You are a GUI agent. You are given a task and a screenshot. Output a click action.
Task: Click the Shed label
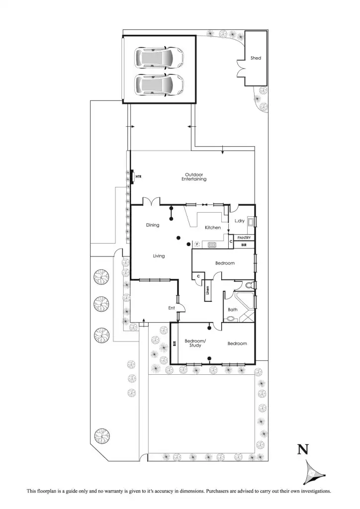(x=256, y=58)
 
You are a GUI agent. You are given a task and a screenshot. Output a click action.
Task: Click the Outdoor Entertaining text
(x=194, y=176)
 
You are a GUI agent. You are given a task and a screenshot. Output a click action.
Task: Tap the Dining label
(x=153, y=225)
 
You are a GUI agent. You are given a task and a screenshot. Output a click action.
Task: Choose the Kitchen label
(x=213, y=228)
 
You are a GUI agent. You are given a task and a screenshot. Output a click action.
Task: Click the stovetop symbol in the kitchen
(x=212, y=244)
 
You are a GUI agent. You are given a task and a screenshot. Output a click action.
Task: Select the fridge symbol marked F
(x=197, y=244)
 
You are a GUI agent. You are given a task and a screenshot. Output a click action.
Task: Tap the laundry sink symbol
(x=252, y=222)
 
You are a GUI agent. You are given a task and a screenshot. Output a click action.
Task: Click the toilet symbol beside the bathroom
(x=250, y=285)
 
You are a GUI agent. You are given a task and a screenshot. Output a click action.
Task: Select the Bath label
(x=232, y=310)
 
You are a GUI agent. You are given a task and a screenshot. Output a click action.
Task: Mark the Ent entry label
(x=171, y=308)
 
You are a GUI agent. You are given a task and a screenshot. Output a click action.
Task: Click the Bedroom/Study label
(x=194, y=343)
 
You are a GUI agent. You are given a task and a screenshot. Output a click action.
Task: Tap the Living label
(x=159, y=256)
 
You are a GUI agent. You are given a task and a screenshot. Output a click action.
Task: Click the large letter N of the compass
(x=302, y=450)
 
